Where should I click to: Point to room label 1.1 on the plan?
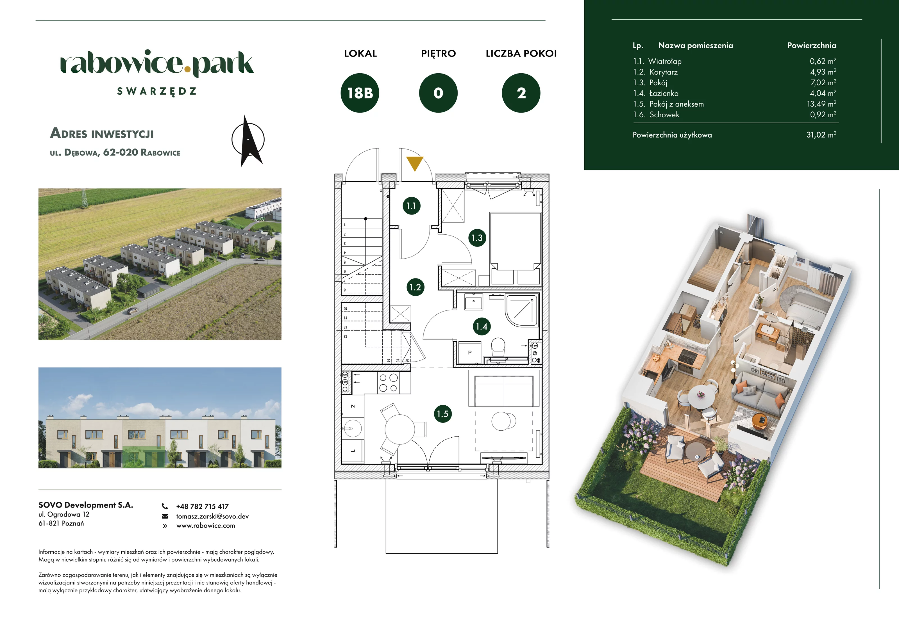coord(411,206)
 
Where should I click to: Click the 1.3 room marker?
coord(477,238)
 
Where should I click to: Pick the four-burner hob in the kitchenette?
coord(389,383)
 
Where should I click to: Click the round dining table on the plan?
coord(399,429)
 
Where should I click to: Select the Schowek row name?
coord(664,115)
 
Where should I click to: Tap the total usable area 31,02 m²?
coord(821,134)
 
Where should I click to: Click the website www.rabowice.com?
coord(206,526)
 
